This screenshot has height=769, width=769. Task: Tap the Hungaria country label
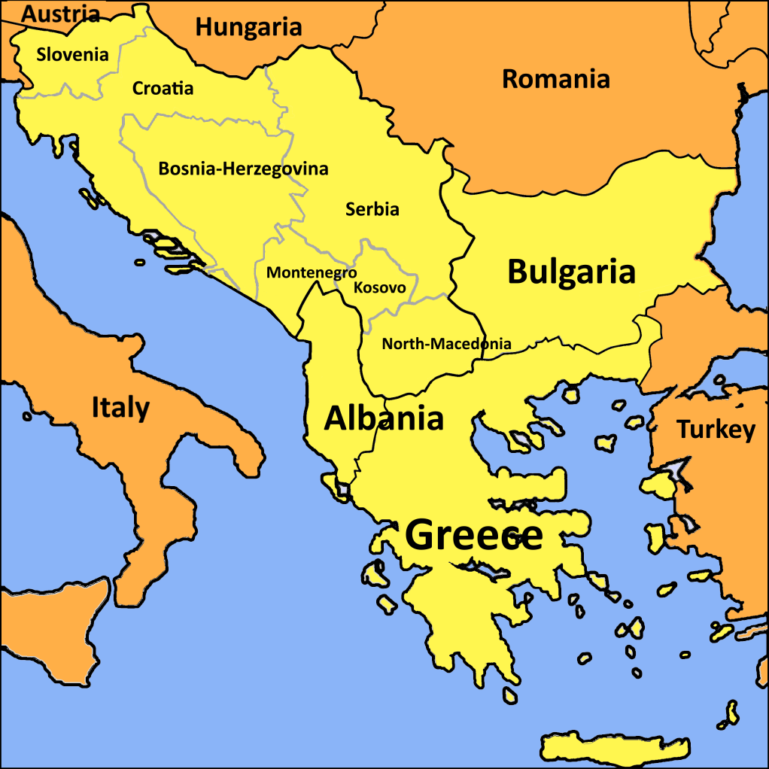coord(248,28)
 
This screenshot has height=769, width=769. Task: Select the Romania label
coord(555,78)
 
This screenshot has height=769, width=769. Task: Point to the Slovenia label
coord(72,54)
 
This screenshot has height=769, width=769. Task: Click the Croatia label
coord(163,88)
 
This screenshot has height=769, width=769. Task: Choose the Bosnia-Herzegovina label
coord(243,169)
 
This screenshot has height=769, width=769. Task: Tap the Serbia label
coord(372,209)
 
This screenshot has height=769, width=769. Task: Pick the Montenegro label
coord(311,272)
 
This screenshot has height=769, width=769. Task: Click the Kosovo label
coord(379,287)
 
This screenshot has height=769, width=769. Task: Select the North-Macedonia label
coord(446,344)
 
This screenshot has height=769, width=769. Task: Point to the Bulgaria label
coord(571,272)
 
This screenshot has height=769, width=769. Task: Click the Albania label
coord(383,418)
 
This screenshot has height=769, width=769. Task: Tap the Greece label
coord(474,535)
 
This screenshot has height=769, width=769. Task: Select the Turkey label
coord(716,430)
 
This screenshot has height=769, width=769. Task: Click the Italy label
coord(120,407)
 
